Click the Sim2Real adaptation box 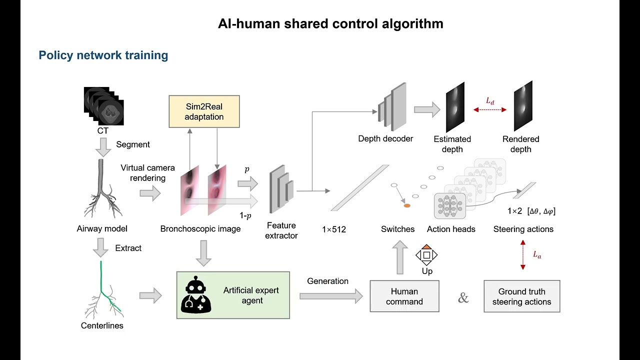204,111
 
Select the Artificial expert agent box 233,295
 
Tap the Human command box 404,296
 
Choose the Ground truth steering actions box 521,296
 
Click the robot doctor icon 196,295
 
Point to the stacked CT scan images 103,106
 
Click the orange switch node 407,205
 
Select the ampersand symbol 463,297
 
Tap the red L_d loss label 490,101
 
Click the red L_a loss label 537,254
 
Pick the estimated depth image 455,107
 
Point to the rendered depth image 523,106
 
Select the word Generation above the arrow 327,281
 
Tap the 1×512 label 333,229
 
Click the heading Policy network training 103,55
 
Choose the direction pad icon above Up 426,255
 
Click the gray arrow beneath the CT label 103,147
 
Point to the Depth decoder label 385,139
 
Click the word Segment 133,144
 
